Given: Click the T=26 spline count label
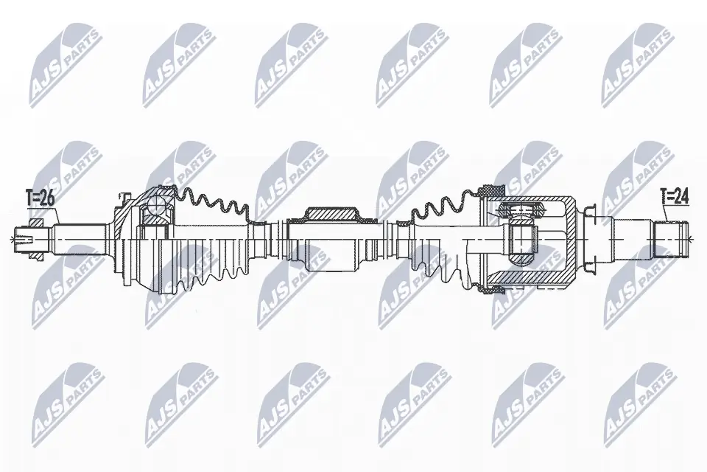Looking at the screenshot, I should [40, 197].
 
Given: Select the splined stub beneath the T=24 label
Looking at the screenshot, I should [669, 237].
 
